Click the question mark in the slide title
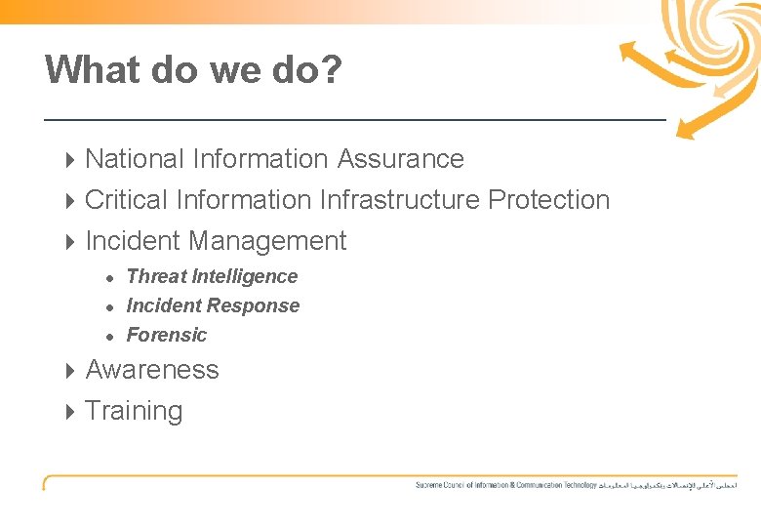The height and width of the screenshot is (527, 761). pyautogui.click(x=330, y=69)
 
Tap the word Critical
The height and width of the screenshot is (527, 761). pyautogui.click(x=127, y=199)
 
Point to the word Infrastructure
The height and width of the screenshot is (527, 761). pyautogui.click(x=399, y=199)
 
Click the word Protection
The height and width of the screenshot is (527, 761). pyautogui.click(x=548, y=199)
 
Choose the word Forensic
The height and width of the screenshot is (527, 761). pyautogui.click(x=167, y=335)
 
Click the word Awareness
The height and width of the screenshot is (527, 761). pyautogui.click(x=152, y=370)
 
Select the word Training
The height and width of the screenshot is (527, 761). pyautogui.click(x=134, y=411)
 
